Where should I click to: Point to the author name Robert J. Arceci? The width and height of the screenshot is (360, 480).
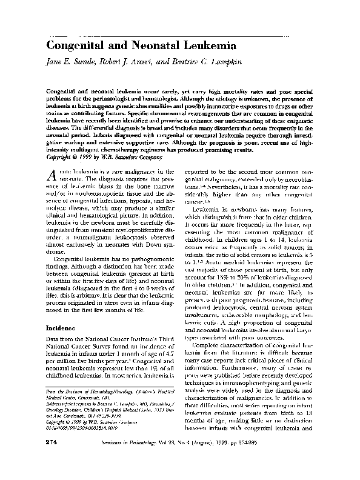click(x=124, y=62)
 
